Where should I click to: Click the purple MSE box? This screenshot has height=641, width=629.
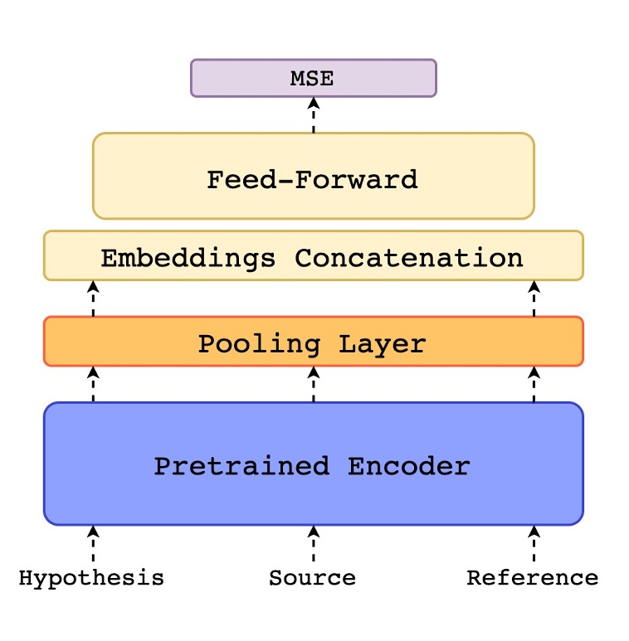(313, 78)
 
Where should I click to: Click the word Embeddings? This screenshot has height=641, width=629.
(188, 258)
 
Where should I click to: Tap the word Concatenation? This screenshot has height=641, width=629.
(409, 258)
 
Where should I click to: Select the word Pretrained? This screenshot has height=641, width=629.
(241, 466)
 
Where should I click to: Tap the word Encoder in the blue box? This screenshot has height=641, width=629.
(408, 466)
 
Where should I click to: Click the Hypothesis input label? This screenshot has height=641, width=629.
(91, 578)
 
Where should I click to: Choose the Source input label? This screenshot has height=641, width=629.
(312, 578)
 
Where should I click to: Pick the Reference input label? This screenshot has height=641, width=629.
(532, 578)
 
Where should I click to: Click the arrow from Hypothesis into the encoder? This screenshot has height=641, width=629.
(93, 544)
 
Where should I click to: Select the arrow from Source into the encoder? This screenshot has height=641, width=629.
(314, 544)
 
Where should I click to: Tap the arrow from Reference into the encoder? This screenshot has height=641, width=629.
(534, 544)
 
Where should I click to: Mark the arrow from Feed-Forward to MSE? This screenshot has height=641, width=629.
(314, 115)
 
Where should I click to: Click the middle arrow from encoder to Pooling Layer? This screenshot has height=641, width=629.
(314, 384)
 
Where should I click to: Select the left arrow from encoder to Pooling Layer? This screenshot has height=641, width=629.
(93, 384)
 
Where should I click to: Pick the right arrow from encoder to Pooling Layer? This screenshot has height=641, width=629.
(534, 384)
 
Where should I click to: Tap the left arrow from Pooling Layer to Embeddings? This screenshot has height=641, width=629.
(93, 299)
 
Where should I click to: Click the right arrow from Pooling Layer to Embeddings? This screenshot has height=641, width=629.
(534, 299)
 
